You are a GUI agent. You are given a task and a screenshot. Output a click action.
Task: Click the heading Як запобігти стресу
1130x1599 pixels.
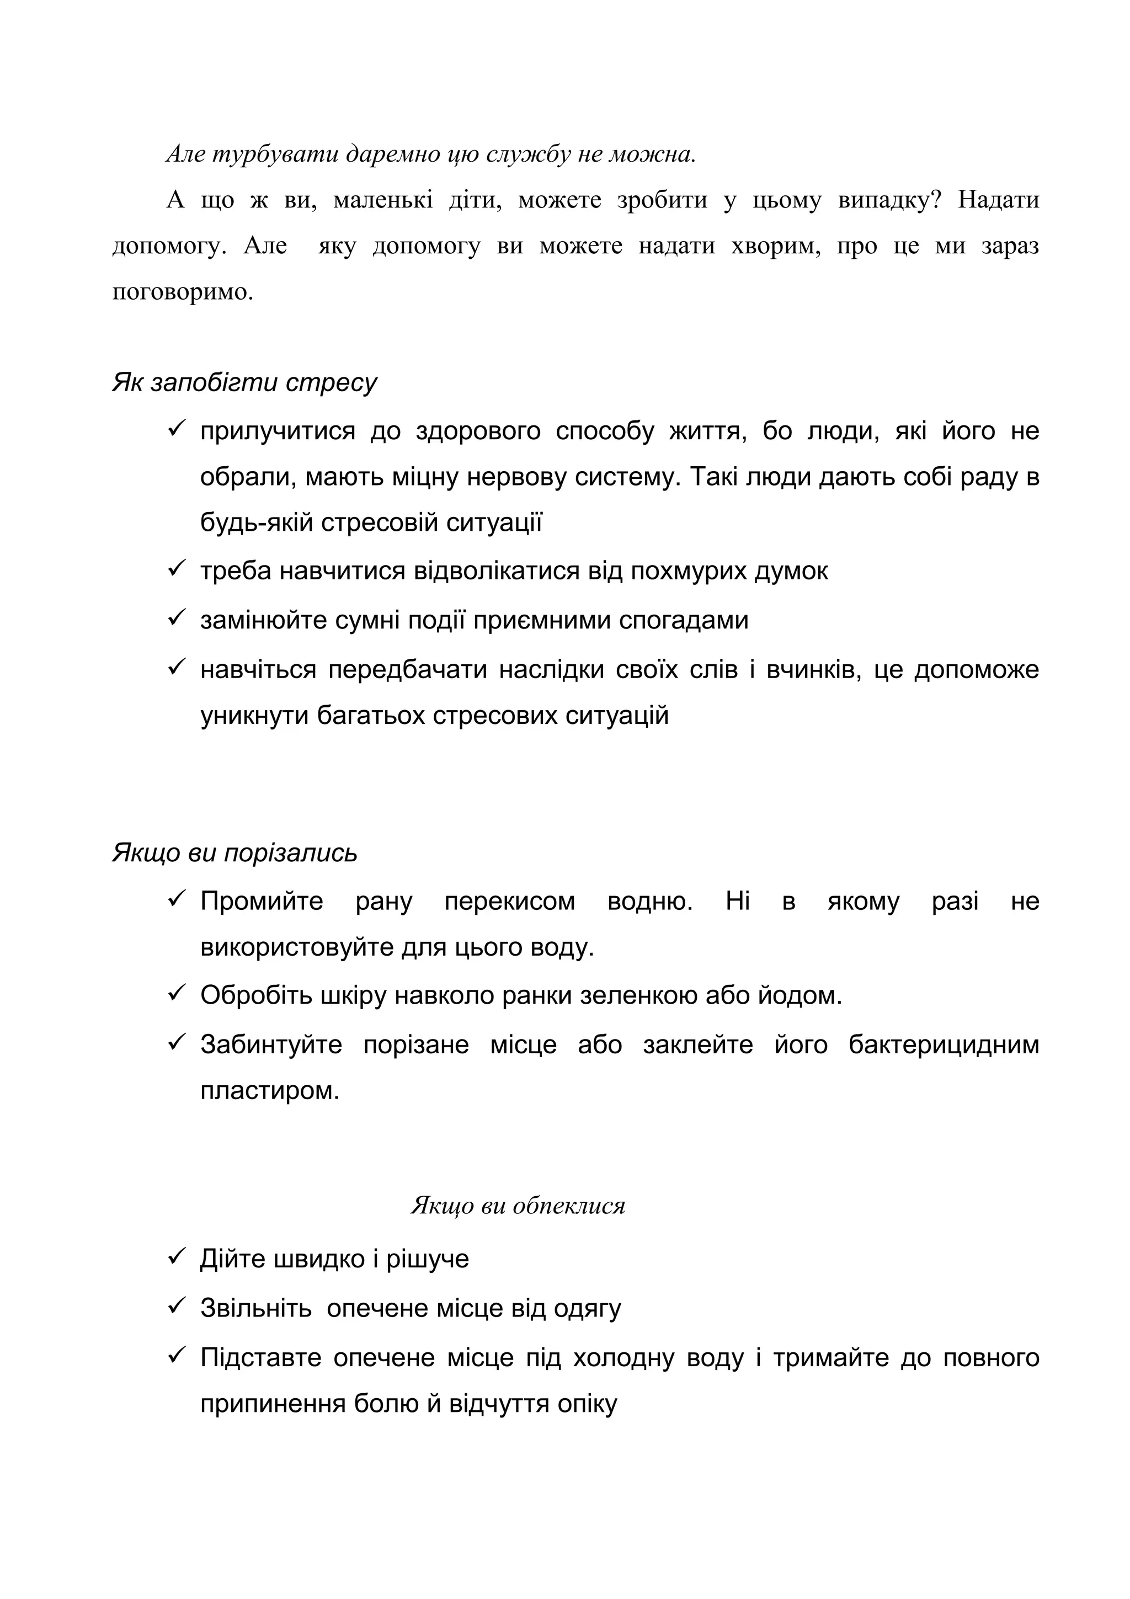tap(244, 382)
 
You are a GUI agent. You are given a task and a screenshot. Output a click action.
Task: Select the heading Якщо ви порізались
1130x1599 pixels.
tap(234, 852)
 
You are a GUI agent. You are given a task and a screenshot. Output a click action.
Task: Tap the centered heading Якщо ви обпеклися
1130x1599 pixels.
tap(518, 1205)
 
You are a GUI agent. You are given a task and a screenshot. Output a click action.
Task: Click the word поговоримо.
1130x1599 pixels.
tap(183, 292)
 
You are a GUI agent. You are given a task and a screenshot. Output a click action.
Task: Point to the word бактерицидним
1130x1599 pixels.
tap(944, 1044)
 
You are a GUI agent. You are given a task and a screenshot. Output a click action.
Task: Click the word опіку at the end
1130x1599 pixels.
tap(588, 1403)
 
